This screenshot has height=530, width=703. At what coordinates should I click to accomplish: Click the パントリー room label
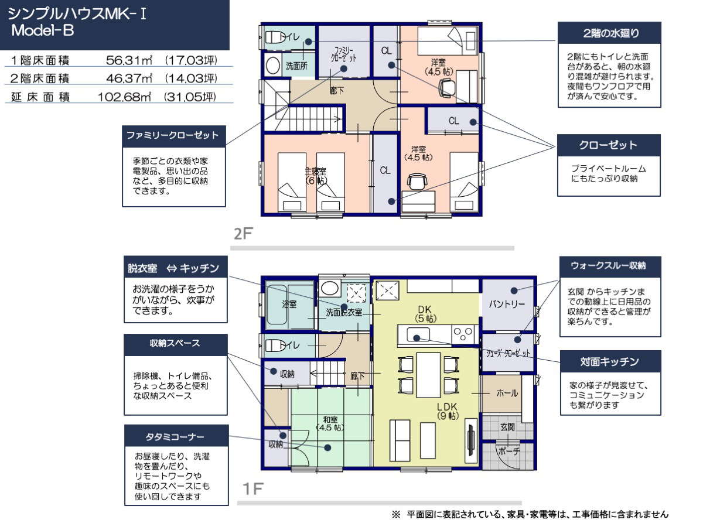tap(506, 304)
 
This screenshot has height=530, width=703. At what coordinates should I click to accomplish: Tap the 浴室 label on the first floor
tap(289, 304)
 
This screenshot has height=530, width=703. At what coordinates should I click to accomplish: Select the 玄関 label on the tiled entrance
tap(507, 426)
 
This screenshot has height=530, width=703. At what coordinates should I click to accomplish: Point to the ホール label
tap(507, 393)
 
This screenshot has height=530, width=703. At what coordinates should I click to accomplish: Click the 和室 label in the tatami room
tap(330, 419)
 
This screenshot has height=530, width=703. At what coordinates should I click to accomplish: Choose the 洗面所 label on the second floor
tap(296, 66)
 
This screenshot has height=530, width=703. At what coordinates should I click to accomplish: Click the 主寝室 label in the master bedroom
tap(315, 171)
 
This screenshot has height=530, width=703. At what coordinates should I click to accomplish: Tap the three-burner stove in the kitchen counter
tap(463, 334)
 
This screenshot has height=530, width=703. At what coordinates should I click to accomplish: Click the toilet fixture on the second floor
tap(273, 37)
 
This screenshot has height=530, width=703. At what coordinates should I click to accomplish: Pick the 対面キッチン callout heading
tap(610, 362)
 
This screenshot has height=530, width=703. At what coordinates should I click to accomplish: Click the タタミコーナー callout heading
tap(175, 436)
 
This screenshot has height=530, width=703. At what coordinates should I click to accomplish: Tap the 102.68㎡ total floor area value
tap(124, 97)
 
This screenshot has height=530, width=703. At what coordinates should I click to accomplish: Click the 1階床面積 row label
tap(40, 60)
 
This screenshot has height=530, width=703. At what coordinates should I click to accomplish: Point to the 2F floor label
tap(243, 234)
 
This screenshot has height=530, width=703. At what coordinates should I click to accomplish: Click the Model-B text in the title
tap(43, 30)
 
